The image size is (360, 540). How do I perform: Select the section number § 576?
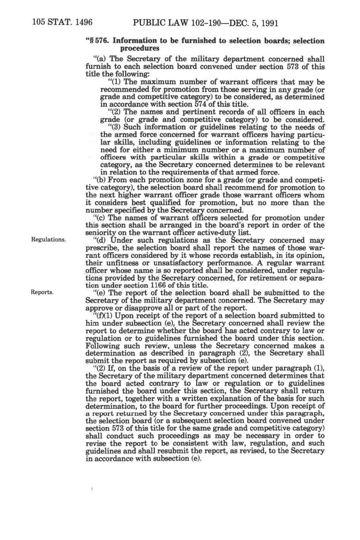point(98,41)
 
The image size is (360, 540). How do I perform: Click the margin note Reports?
point(42,292)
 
